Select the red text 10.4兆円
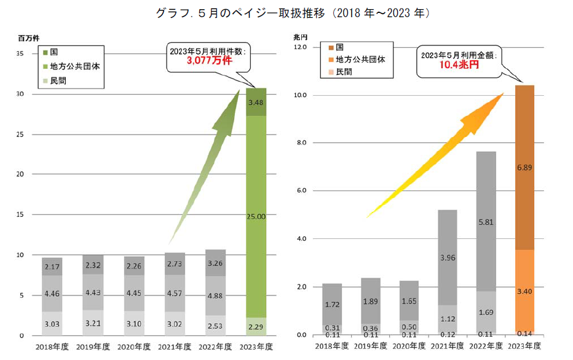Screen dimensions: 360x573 [x=459, y=65]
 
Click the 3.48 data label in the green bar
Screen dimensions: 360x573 [x=256, y=103]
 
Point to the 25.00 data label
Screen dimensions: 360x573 [x=256, y=217]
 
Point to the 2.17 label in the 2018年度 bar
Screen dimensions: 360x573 [x=52, y=267]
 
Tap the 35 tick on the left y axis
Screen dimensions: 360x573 [x=20, y=53]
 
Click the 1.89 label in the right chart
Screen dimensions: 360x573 [x=370, y=302]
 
